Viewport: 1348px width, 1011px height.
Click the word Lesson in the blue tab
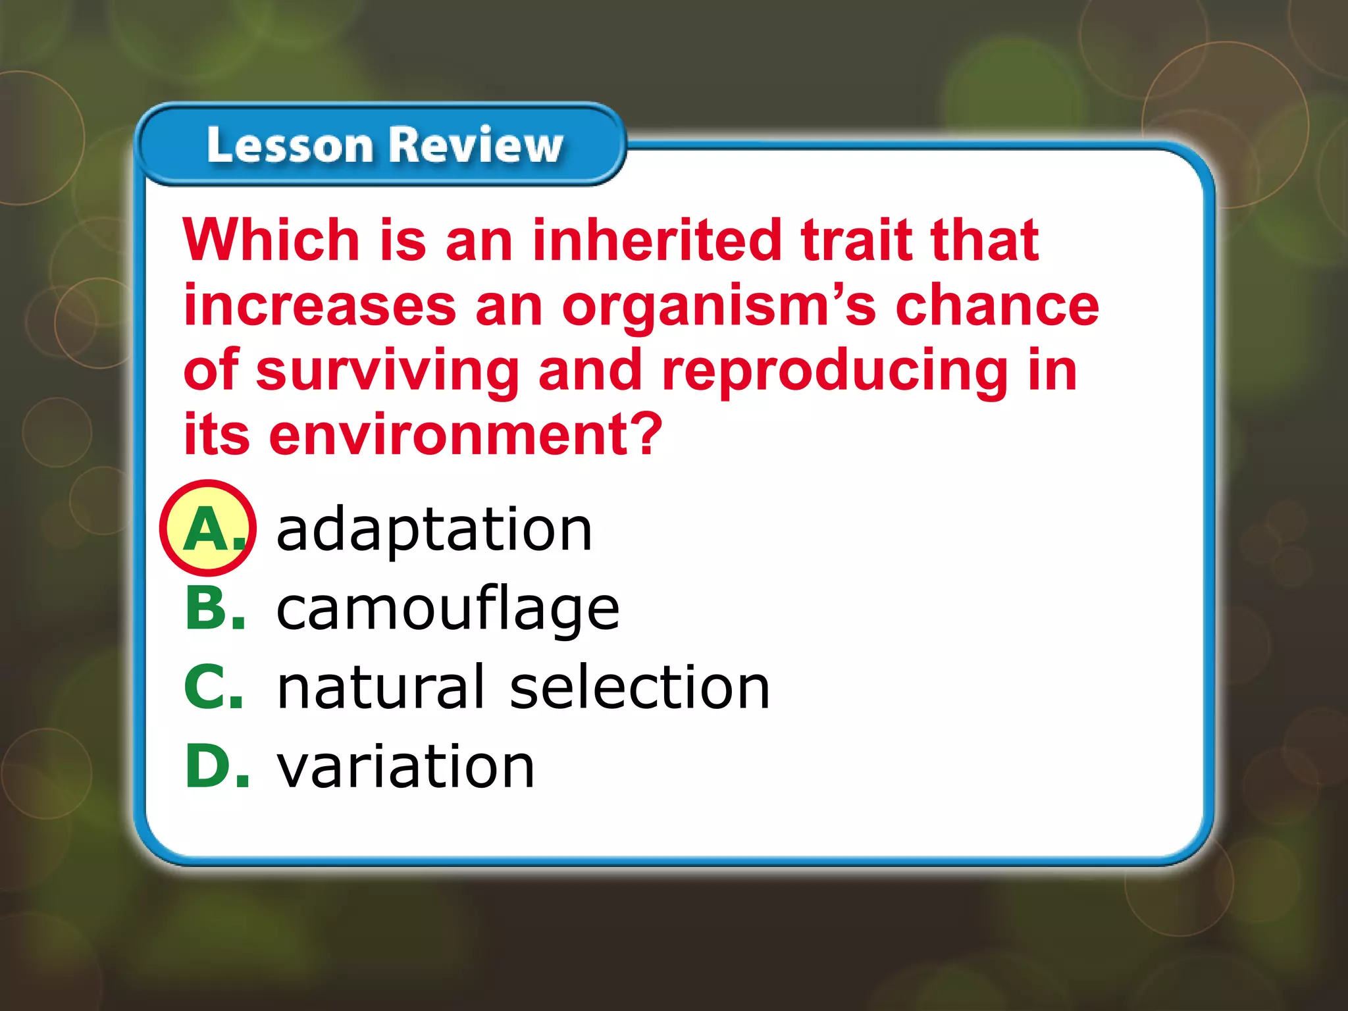click(290, 145)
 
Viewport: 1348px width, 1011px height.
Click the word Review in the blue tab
click(475, 145)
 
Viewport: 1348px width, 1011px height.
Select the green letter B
click(207, 609)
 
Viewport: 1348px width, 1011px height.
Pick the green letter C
click(205, 687)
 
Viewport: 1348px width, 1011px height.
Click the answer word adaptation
click(434, 530)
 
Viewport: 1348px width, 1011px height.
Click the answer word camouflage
click(448, 609)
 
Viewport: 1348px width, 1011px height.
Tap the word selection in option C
click(640, 687)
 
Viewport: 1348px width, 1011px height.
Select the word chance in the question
click(997, 306)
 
